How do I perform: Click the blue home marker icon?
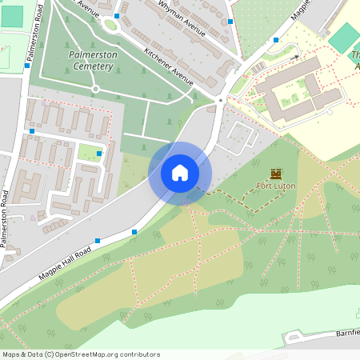pyautogui.click(x=180, y=173)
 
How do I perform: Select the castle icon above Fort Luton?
pyautogui.click(x=277, y=173)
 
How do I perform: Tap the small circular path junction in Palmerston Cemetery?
pyautogui.click(x=95, y=88)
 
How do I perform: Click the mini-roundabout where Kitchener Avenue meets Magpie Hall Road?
pyautogui.click(x=219, y=100)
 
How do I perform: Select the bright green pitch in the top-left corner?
pyautogui.click(x=12, y=16)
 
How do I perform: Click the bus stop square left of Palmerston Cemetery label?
pyautogui.click(x=27, y=66)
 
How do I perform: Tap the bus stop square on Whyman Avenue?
pyautogui.click(x=118, y=16)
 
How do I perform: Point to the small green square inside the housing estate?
pyautogui.click(x=90, y=152)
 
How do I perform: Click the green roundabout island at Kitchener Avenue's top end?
pyautogui.click(x=110, y=25)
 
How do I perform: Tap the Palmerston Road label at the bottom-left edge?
pyautogui.click(x=6, y=219)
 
